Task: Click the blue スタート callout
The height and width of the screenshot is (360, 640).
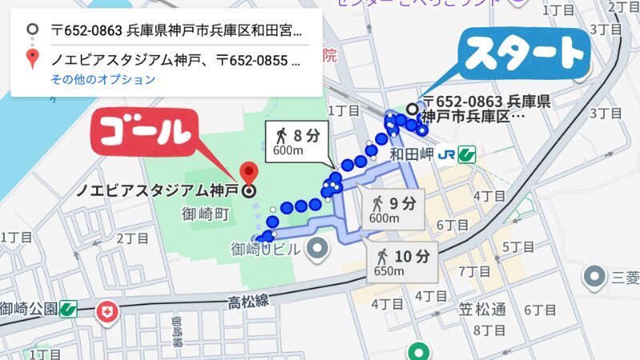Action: pos(525,55)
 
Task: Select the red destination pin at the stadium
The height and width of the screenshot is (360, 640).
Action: pos(249,172)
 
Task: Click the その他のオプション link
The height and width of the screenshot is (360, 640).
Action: pos(102,79)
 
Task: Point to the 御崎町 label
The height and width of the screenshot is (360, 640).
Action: pos(206,214)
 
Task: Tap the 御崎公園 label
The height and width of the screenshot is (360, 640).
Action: pos(28,308)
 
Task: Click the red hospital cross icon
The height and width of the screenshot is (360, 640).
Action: pos(106,311)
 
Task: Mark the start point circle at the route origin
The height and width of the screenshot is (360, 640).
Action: pos(412,109)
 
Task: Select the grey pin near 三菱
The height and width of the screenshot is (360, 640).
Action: pos(594,278)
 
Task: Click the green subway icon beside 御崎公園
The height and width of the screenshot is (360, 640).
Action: pos(67,308)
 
